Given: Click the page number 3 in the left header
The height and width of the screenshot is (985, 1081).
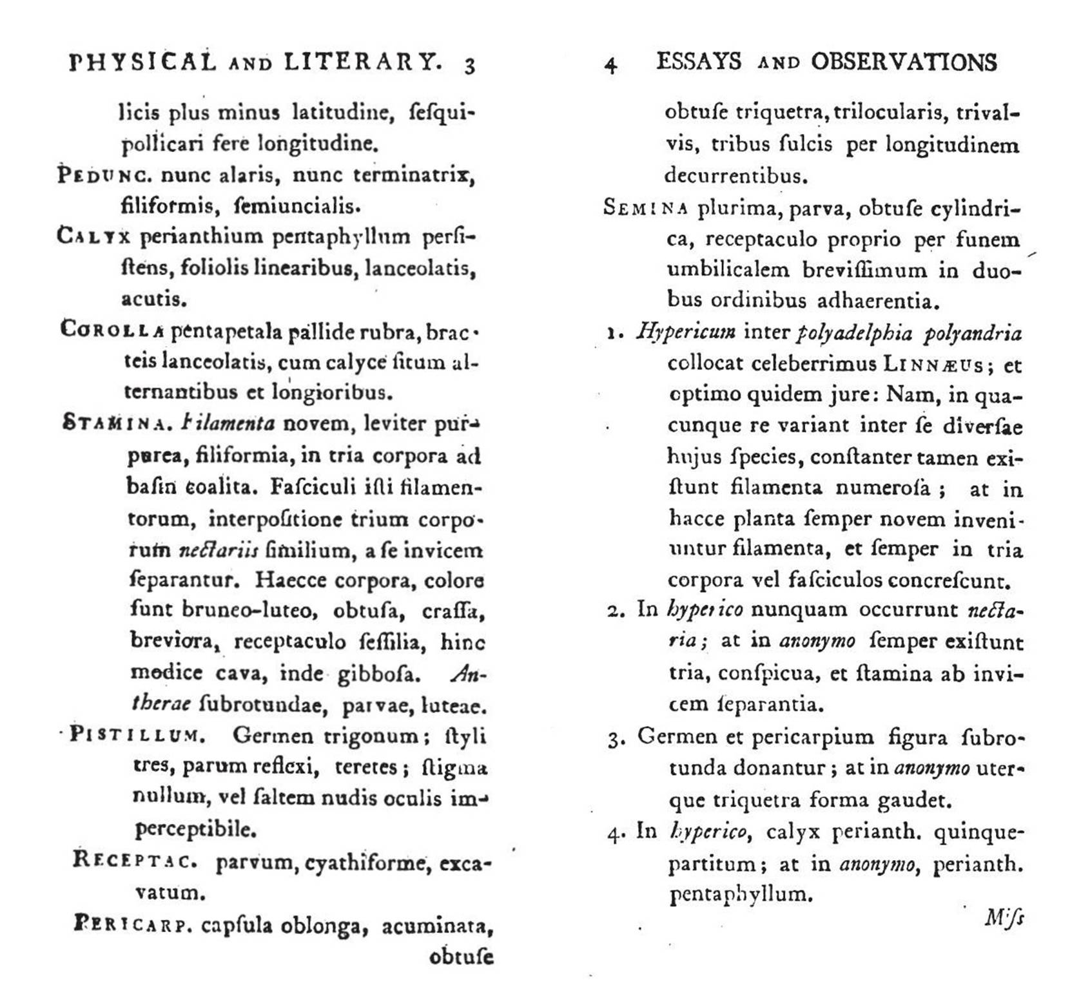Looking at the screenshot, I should coord(469,66).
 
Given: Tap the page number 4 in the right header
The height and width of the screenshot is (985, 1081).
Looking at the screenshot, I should coord(611,65).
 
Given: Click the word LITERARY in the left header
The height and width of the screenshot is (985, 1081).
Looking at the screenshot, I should coord(363,62).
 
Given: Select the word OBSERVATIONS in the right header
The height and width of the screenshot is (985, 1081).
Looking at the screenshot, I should coord(904,62).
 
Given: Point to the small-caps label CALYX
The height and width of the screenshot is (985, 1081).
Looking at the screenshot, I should coord(93,236).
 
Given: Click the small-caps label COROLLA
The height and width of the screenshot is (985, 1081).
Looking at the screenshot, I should coord(112,330).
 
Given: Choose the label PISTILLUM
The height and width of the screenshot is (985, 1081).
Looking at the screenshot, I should coord(137,734).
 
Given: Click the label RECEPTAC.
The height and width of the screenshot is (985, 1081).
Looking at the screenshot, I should coord(134,860).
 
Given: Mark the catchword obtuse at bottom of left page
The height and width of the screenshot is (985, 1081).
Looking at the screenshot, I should coord(462,956).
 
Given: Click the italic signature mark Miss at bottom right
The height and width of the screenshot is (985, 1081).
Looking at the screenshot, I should coord(1004,917).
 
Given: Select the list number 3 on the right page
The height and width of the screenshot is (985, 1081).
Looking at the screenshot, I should coord(614,739).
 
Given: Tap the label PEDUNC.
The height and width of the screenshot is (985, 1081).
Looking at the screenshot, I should coord(104,175).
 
